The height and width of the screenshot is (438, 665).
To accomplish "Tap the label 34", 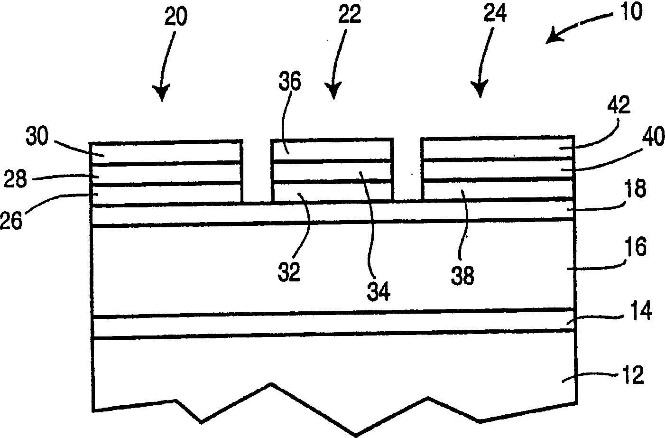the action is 379,290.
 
